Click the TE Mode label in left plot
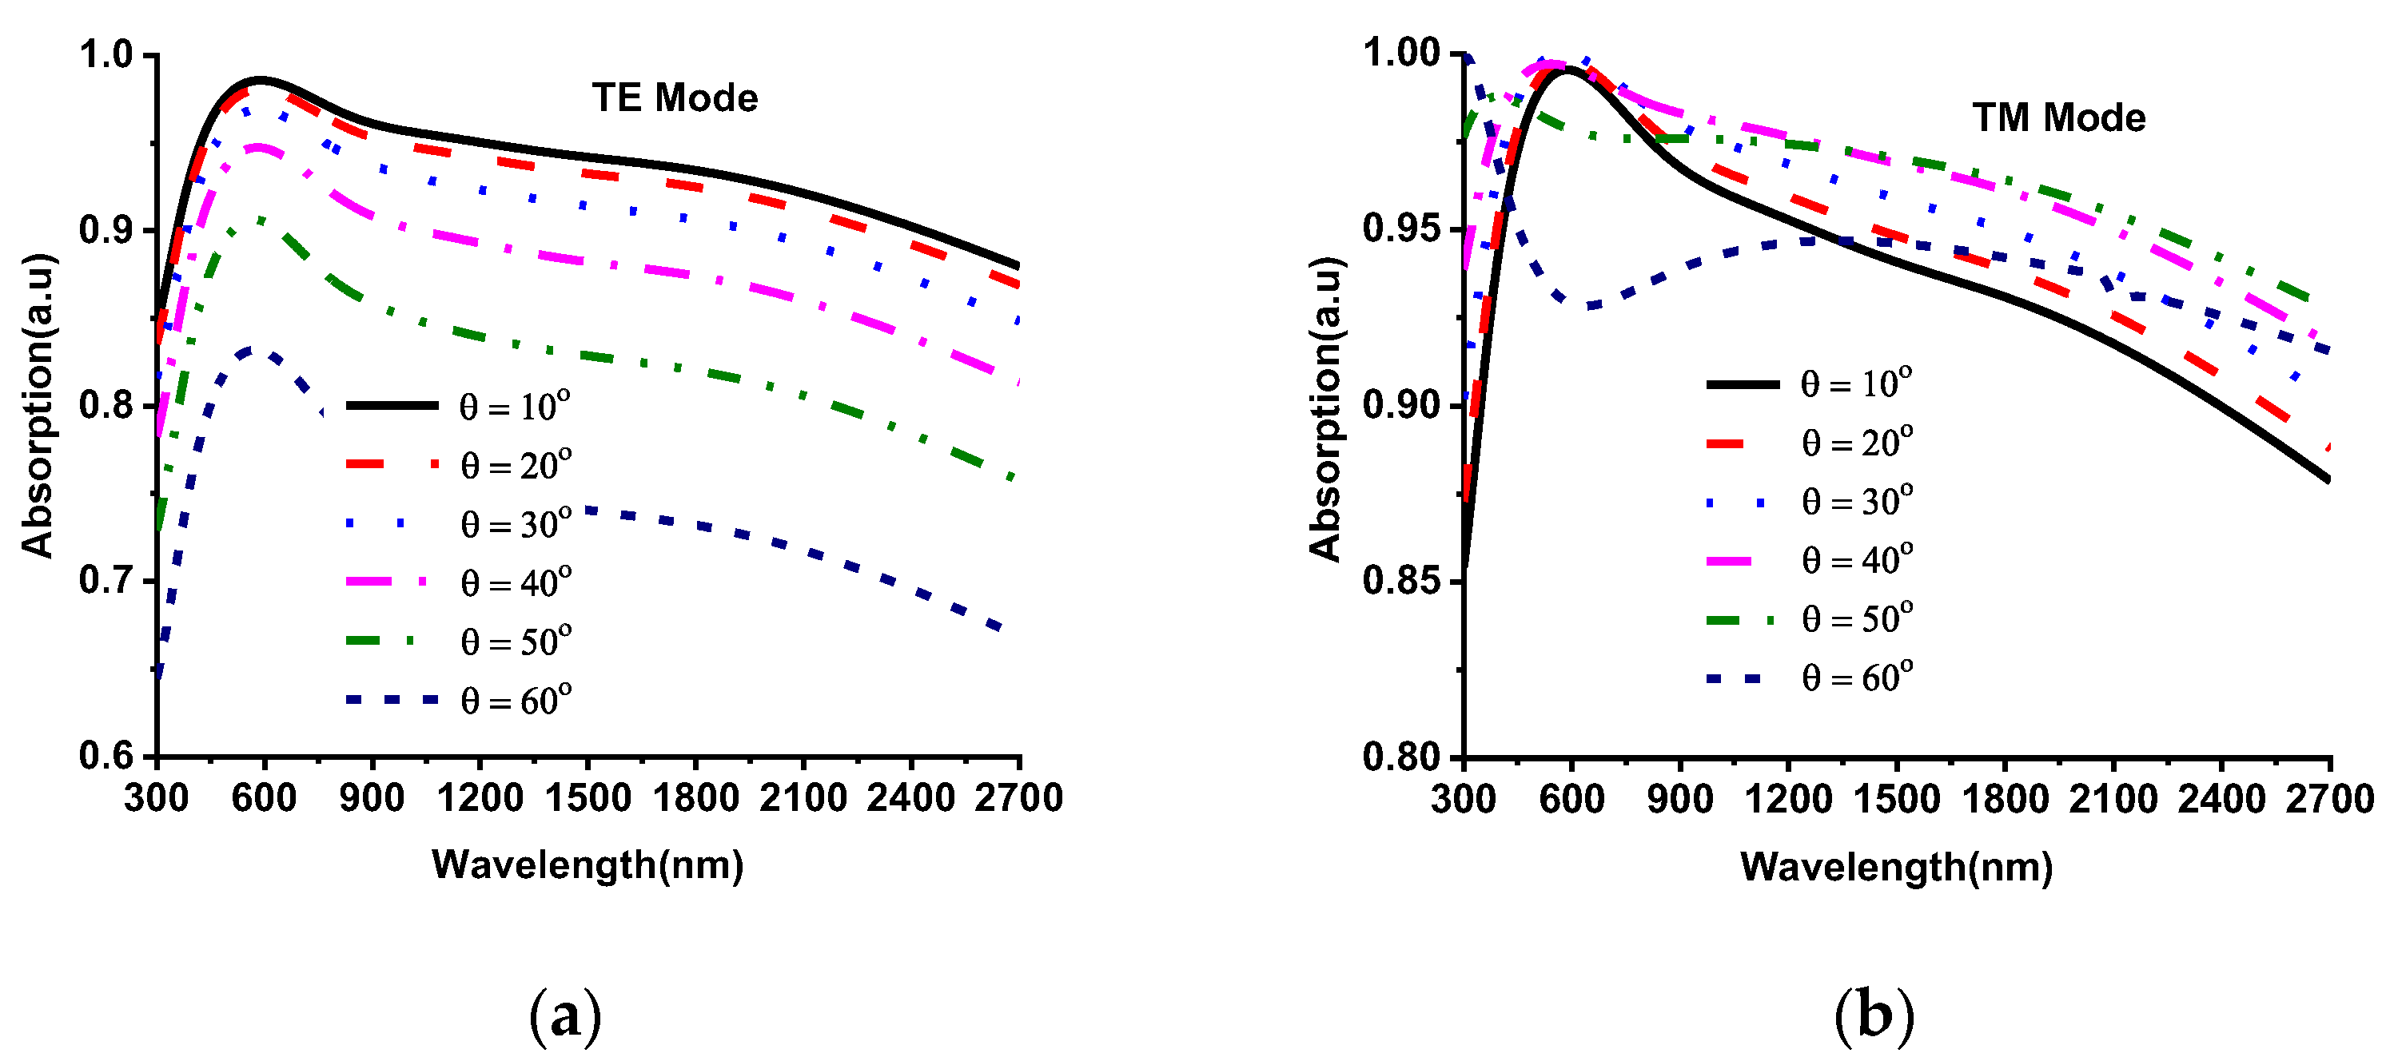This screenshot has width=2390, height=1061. point(675,97)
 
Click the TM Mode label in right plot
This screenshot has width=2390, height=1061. point(2057,117)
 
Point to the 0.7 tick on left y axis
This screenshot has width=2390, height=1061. point(106,581)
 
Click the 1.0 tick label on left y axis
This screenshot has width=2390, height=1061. point(106,54)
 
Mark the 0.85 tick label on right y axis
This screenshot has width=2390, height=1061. point(1400,581)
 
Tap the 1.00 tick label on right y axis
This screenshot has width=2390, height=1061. point(1400,52)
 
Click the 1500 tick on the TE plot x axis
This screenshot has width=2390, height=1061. point(588,797)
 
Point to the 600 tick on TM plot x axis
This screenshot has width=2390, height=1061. point(1571,798)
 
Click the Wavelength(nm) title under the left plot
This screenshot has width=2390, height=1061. point(588,864)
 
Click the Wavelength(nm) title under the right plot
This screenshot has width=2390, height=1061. point(1895,866)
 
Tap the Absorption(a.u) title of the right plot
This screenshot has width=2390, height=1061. point(1325,408)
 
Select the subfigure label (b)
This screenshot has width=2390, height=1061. point(1873,1015)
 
